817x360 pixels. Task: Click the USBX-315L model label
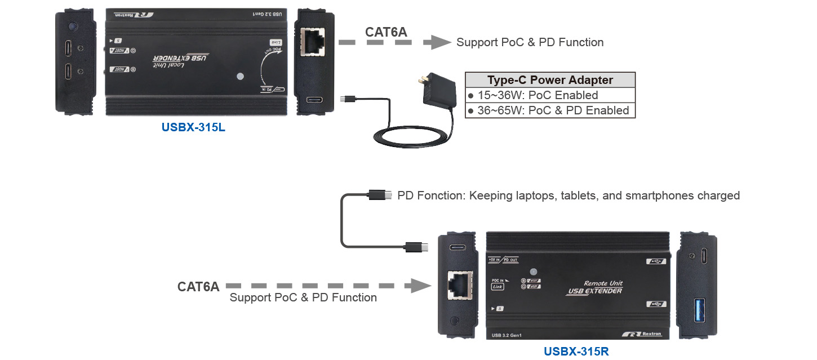click(x=193, y=127)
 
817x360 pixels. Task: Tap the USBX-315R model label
click(x=576, y=352)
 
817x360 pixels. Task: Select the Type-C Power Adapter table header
click(x=550, y=79)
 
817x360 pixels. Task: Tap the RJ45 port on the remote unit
click(x=459, y=286)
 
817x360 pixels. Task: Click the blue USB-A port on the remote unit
click(x=699, y=312)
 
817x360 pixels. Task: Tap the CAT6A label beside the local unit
click(x=386, y=32)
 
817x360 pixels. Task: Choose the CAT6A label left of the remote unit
click(x=198, y=286)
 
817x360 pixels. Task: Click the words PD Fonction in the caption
click(x=430, y=195)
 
